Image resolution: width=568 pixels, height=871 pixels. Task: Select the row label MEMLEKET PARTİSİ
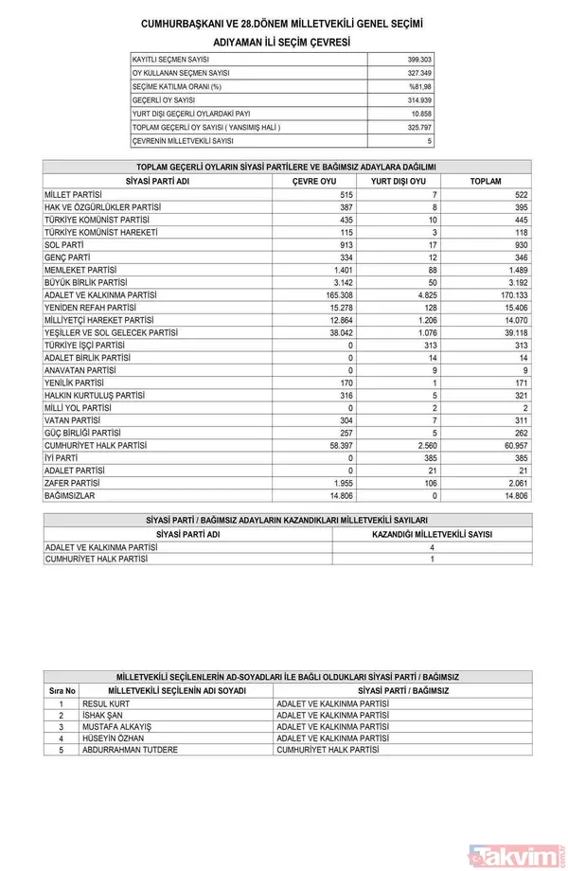pyautogui.click(x=83, y=270)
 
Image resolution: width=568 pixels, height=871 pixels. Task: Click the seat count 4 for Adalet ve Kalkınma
pyautogui.click(x=431, y=547)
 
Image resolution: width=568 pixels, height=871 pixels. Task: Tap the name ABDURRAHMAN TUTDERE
pyautogui.click(x=130, y=750)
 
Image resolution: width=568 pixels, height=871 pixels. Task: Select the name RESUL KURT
pyautogui.click(x=106, y=704)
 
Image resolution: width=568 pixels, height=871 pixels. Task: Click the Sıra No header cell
pyautogui.click(x=62, y=691)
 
